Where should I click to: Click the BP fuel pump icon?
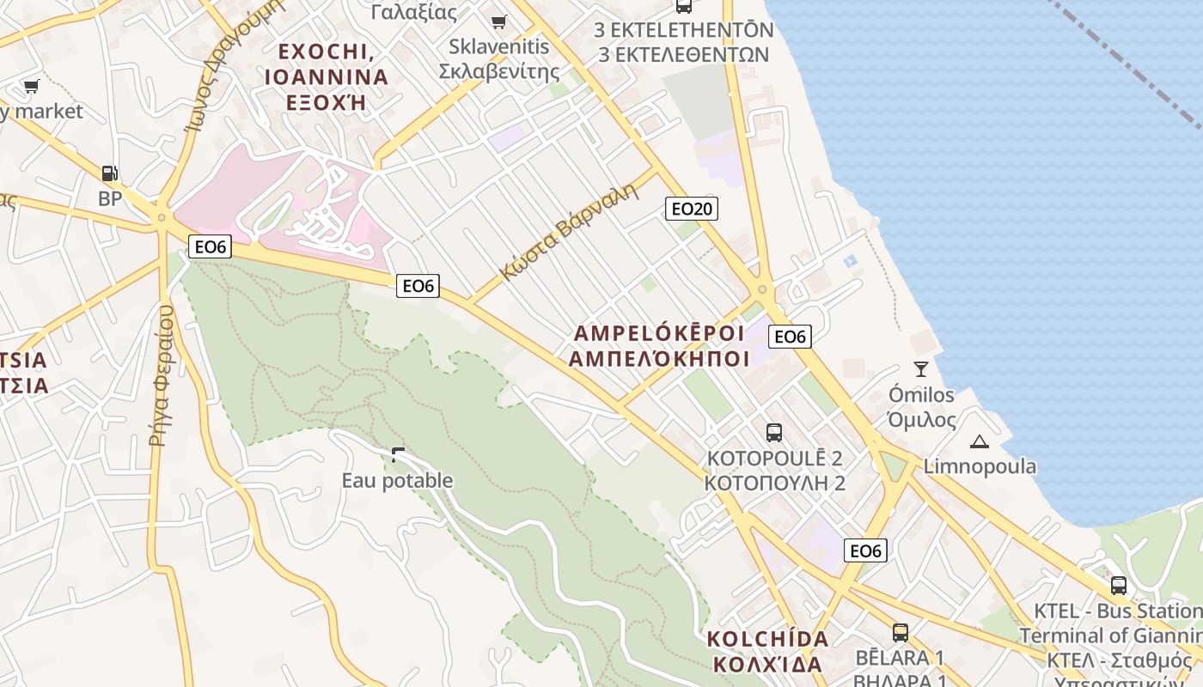pos(109,173)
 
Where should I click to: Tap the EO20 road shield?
pos(691,209)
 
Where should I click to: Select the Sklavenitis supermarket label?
pos(499,58)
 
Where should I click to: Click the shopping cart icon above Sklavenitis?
pos(498,21)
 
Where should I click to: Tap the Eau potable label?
pos(397,480)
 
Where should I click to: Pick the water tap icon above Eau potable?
pos(397,454)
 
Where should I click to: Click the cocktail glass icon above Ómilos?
pos(921,369)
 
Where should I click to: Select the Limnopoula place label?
pos(980,466)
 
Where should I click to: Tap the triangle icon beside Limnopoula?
pos(979,442)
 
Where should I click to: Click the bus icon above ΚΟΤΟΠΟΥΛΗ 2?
pos(773,432)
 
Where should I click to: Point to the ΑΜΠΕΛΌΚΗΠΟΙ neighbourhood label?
pos(659,358)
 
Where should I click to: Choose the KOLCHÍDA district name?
pos(767,639)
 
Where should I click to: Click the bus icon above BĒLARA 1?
pos(900,633)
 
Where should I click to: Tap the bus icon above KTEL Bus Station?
pos(1118,586)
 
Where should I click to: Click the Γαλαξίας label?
pos(413,11)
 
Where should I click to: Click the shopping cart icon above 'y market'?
pos(32,86)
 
